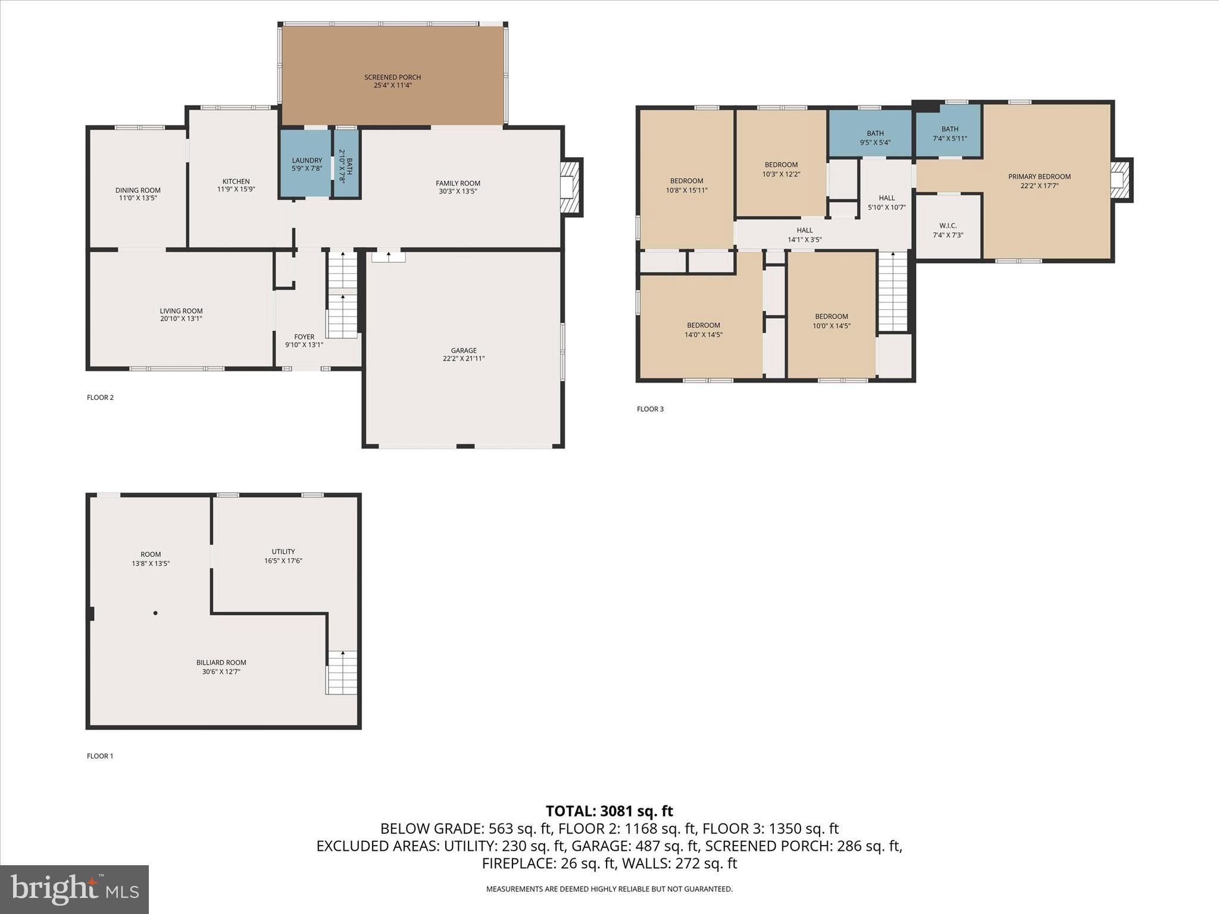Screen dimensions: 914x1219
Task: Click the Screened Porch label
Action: [x=392, y=77]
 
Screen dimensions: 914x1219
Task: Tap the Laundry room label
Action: [x=307, y=161]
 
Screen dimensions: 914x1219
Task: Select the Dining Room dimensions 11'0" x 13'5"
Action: [x=137, y=198]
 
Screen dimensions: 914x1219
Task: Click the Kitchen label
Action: [x=236, y=181]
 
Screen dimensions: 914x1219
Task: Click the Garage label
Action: [x=464, y=350]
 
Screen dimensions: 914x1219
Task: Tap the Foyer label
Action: [x=304, y=337]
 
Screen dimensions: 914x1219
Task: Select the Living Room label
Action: [x=181, y=311]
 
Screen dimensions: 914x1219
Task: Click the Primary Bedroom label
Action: [x=1039, y=177]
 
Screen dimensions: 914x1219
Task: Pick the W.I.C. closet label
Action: [x=948, y=226]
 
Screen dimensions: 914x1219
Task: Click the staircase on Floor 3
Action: [x=893, y=292]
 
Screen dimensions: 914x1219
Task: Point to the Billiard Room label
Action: [x=221, y=662]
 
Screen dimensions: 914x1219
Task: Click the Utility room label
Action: [x=283, y=552]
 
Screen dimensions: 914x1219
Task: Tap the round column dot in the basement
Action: [x=155, y=613]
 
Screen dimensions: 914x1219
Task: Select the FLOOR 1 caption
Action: [x=100, y=756]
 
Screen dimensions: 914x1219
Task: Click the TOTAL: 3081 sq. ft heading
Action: [x=609, y=810]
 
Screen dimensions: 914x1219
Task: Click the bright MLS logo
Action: [x=74, y=889]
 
